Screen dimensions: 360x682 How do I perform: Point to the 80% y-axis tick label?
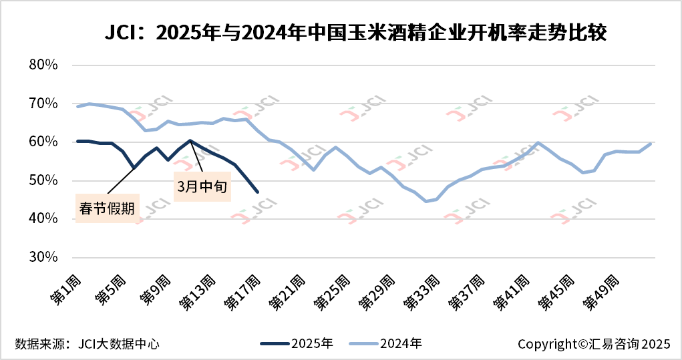tap(44, 65)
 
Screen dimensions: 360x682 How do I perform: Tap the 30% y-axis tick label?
tap(44, 257)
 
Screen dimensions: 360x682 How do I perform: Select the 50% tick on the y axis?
tap(44, 180)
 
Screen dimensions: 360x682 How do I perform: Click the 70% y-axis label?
tap(44, 104)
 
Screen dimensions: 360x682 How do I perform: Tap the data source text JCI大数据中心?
tap(88, 344)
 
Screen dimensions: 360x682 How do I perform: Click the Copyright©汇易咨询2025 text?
tap(593, 344)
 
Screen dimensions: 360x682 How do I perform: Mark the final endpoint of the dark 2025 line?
tap(258, 192)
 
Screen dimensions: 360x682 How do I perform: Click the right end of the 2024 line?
tap(651, 144)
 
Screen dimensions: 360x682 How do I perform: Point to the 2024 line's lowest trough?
tap(426, 201)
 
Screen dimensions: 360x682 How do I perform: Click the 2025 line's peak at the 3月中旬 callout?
tap(190, 140)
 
